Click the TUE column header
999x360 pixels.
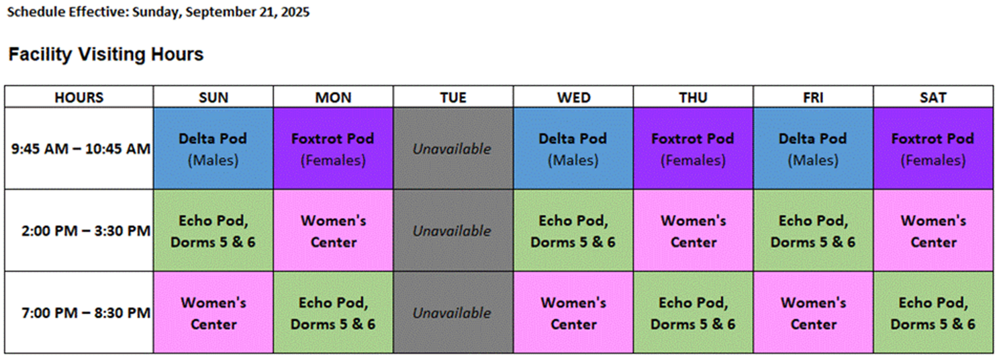click(453, 97)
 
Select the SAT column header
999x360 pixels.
click(933, 97)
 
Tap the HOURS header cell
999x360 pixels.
click(79, 97)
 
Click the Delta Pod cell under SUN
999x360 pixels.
click(213, 148)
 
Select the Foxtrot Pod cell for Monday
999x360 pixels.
click(333, 148)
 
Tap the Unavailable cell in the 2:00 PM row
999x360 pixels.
click(453, 230)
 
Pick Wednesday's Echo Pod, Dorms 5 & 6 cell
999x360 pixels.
click(573, 230)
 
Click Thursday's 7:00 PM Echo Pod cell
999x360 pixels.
click(693, 313)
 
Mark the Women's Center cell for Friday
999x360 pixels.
click(813, 313)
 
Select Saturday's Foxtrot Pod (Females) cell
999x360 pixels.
click(933, 148)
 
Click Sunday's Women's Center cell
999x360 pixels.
click(213, 313)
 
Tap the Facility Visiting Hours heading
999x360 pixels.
click(105, 54)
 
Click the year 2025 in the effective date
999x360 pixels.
click(294, 12)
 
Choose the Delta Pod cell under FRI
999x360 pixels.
click(813, 148)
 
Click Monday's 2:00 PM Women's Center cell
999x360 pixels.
click(333, 230)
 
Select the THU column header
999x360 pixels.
click(693, 97)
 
